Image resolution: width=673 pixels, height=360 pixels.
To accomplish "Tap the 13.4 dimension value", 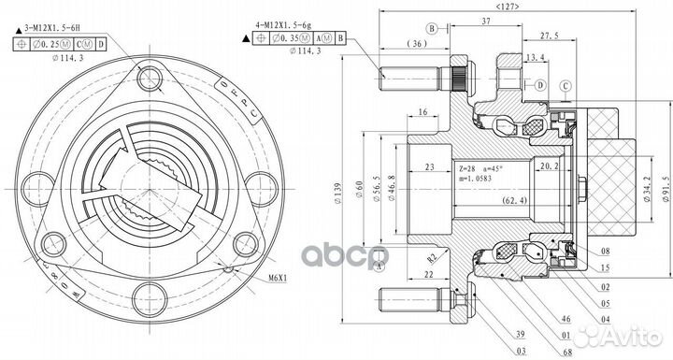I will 537,59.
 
